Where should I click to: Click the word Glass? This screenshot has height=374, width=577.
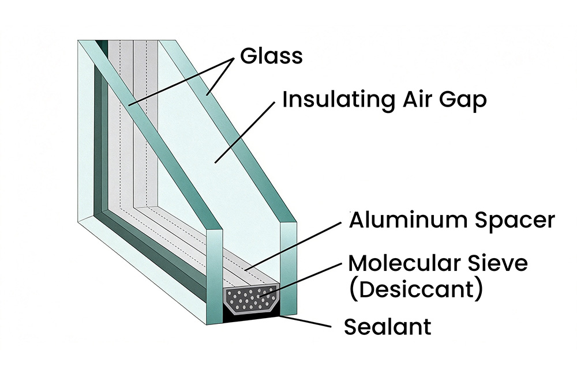271,56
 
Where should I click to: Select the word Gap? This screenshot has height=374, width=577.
463,100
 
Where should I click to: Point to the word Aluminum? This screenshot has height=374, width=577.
408,220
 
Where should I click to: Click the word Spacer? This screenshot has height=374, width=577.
515,221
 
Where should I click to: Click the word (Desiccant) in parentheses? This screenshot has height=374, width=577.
415,289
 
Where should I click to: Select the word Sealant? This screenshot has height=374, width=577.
387,327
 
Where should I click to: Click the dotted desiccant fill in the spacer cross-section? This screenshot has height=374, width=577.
250,299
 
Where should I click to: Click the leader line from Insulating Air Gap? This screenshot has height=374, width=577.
245,132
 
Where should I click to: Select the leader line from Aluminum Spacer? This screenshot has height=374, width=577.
293,246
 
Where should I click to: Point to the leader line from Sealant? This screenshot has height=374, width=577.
305,321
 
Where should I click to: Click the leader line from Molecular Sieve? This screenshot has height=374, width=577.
301,279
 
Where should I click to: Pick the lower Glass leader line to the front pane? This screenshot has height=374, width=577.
181,82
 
